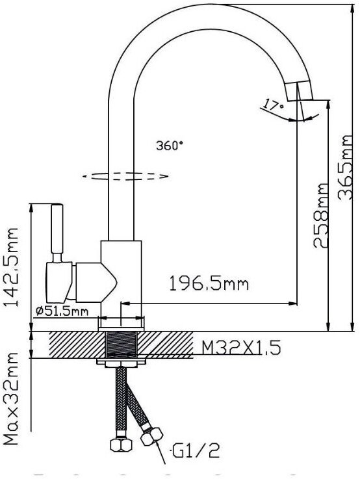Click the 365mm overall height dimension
pyautogui.click(x=345, y=168)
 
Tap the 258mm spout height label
pyautogui.click(x=320, y=215)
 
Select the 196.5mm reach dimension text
pyautogui.click(x=209, y=283)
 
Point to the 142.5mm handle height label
pyautogui.click(x=10, y=266)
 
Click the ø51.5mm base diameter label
pyautogui.click(x=62, y=311)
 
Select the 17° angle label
pyautogui.click(x=274, y=105)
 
